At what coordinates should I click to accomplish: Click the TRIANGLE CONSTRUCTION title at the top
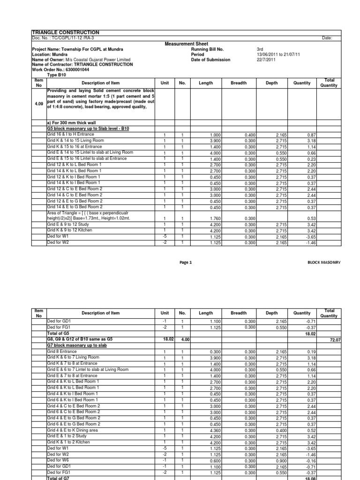[65, 32]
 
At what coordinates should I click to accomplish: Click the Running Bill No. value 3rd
[261, 49]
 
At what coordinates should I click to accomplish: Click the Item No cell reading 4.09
[38, 104]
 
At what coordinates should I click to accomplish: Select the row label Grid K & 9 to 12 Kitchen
[70, 230]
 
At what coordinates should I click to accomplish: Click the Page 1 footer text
[186, 262]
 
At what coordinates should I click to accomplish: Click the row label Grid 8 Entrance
[61, 351]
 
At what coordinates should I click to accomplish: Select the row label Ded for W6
[57, 460]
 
